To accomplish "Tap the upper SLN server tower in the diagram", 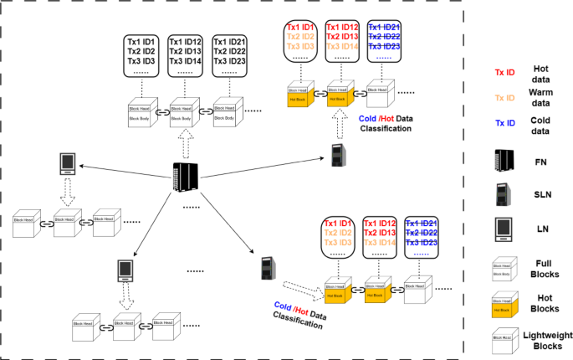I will point(337,155).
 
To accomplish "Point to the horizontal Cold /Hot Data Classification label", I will point(386,124).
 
